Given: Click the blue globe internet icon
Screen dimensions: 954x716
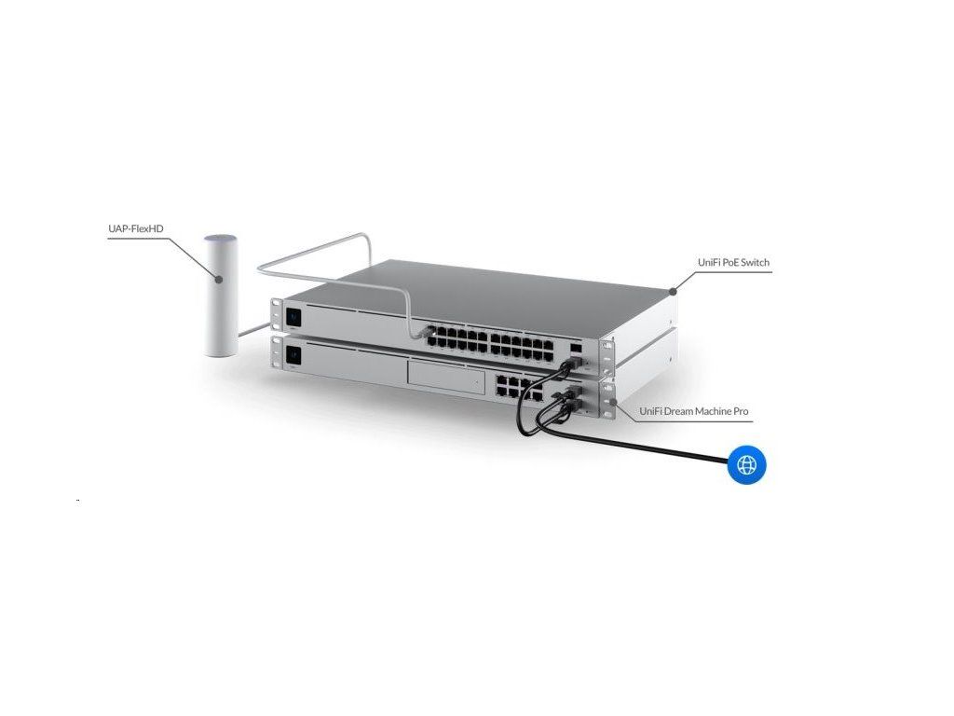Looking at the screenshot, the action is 746,463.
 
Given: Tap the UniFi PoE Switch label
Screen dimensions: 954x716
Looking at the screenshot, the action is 733,263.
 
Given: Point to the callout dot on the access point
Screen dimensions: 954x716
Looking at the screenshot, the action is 219,278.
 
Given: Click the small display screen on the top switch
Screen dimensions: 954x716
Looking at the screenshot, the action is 294,314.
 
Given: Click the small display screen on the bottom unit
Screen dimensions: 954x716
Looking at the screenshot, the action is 294,354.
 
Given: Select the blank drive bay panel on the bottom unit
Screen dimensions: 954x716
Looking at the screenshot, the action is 446,378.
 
